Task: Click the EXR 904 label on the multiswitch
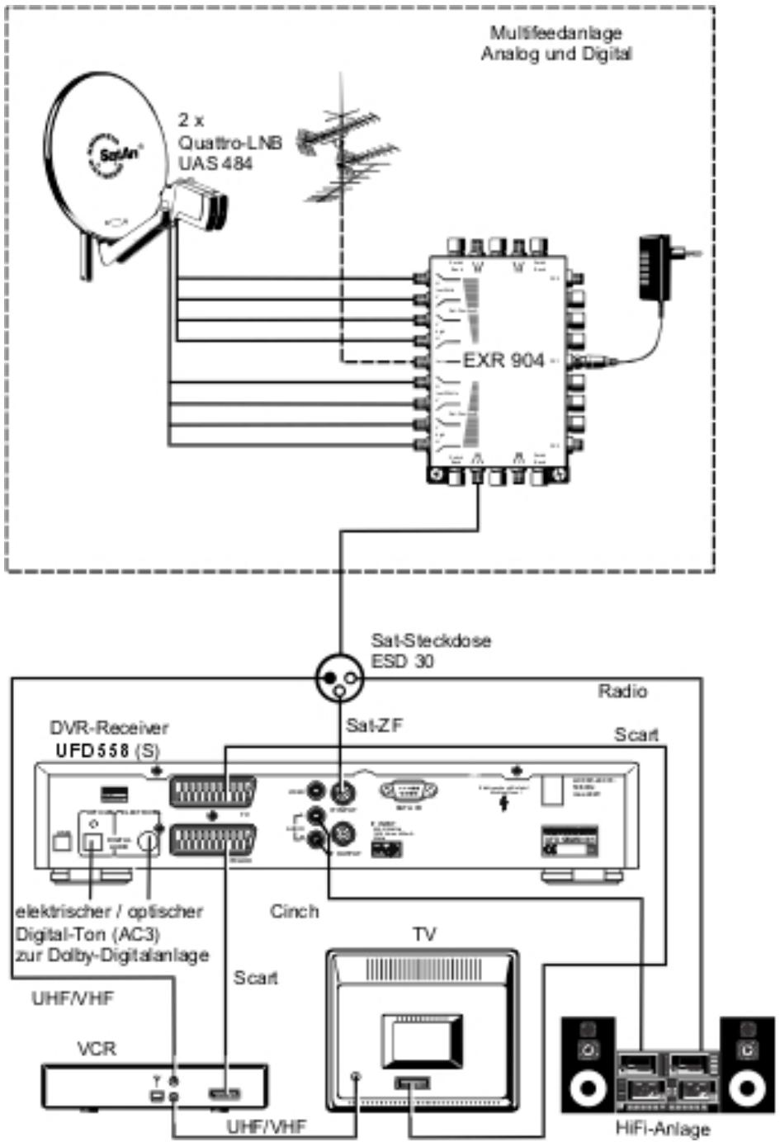503,361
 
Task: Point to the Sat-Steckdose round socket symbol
339,679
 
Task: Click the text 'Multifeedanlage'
555,33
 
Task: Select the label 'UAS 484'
215,163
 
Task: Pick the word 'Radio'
622,691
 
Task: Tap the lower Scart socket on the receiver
210,842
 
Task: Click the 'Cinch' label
294,911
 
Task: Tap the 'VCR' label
97,1049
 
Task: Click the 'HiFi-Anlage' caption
663,1129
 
